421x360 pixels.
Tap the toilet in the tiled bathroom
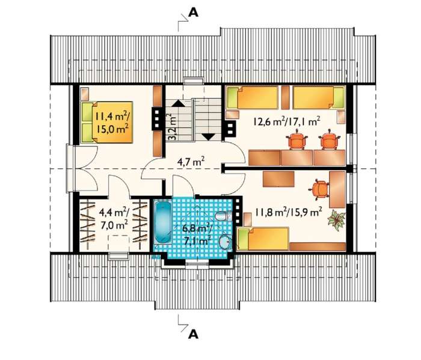click(223, 216)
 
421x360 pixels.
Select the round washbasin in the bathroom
click(225, 242)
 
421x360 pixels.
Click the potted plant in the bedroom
click(336, 220)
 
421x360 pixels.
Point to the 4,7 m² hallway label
click(191, 162)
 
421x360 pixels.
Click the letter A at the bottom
click(193, 334)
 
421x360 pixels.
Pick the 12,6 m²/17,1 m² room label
click(286, 121)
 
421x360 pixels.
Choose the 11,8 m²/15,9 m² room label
click(289, 213)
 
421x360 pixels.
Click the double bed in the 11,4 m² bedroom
click(107, 122)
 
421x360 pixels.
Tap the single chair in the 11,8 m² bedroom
click(319, 189)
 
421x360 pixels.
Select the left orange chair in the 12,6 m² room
click(297, 139)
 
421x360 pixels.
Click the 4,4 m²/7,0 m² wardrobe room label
click(114, 219)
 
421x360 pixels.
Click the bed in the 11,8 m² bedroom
click(263, 238)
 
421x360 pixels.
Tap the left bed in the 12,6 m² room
click(252, 97)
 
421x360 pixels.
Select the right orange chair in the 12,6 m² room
click(330, 139)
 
